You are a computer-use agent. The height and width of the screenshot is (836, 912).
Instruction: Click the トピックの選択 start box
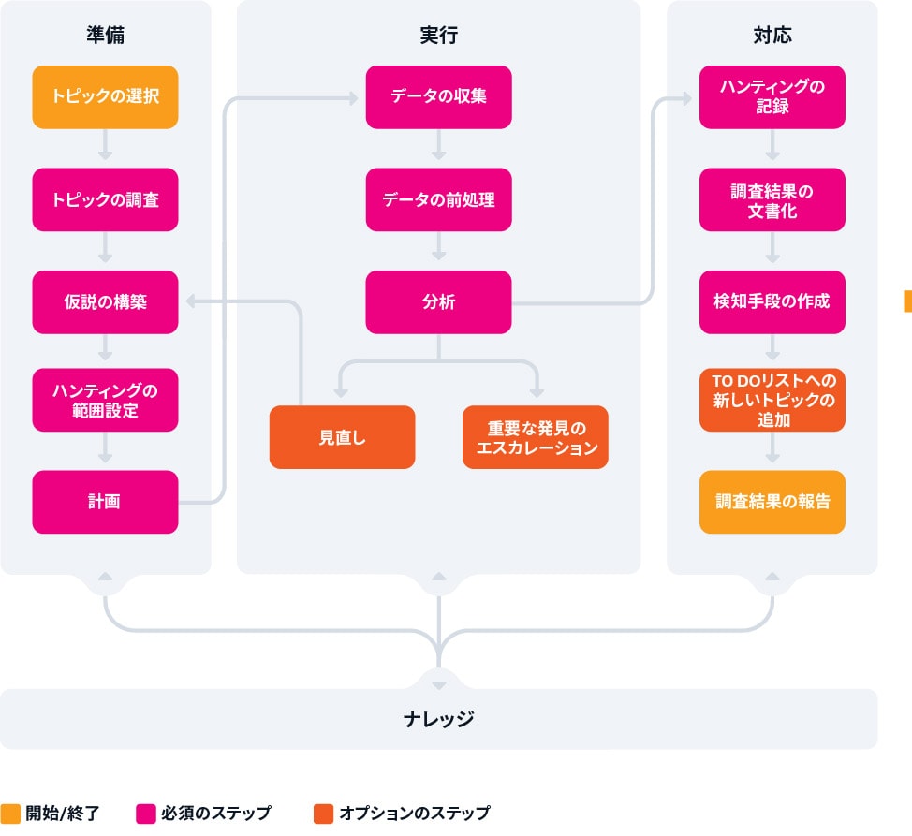click(105, 96)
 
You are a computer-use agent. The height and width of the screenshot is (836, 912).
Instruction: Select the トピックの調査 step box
click(105, 199)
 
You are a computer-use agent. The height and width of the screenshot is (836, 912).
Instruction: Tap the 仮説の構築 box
click(105, 302)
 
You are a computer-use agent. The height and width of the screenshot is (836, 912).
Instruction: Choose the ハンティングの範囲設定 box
click(105, 400)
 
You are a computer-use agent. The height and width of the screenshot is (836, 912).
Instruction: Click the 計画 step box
click(105, 502)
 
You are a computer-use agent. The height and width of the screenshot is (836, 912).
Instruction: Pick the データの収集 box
click(438, 96)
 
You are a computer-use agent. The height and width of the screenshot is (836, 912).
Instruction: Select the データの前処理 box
click(438, 199)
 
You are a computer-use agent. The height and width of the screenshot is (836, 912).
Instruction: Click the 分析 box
click(438, 302)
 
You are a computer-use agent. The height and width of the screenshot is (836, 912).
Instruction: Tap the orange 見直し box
click(342, 437)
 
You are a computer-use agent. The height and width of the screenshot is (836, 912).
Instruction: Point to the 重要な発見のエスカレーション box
click(536, 437)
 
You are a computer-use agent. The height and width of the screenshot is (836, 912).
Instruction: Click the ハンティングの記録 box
click(772, 96)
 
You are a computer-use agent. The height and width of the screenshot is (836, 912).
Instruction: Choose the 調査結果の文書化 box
click(772, 199)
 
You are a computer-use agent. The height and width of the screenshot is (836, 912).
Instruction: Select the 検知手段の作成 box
click(772, 302)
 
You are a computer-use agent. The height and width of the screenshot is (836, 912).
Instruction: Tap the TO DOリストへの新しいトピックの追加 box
click(772, 400)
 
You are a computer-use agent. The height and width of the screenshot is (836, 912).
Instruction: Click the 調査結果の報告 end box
click(772, 502)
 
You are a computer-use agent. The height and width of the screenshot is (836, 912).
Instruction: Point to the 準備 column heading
click(105, 36)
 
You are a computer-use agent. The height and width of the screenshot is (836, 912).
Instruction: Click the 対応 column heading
click(772, 36)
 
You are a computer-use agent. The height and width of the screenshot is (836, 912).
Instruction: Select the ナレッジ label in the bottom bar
click(438, 719)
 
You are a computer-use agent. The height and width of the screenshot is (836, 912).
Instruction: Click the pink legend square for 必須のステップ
click(145, 814)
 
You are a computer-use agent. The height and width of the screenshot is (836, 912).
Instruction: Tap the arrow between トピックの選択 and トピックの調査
click(105, 147)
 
